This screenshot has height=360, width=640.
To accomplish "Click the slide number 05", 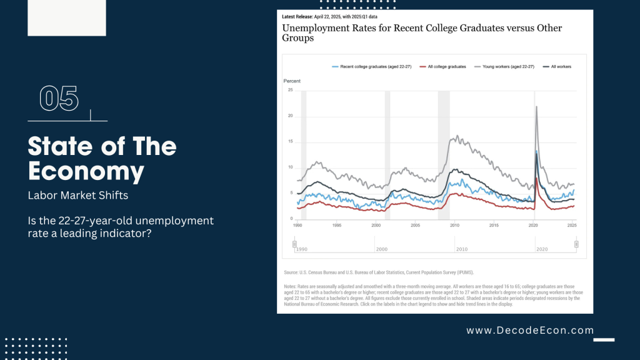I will pyautogui.click(x=59, y=99).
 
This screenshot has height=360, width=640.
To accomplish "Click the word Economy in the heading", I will pyautogui.click(x=86, y=171).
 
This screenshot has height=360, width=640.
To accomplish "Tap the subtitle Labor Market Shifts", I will pyautogui.click(x=78, y=195).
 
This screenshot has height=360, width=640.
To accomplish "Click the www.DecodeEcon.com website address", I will pyautogui.click(x=530, y=330).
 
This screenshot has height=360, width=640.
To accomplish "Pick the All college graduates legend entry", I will pyautogui.click(x=444, y=66).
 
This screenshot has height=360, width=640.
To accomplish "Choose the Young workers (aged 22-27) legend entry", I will pyautogui.click(x=506, y=66).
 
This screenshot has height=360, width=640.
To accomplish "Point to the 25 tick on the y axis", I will pyautogui.click(x=290, y=90).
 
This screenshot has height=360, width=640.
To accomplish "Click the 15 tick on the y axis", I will pyautogui.click(x=290, y=141).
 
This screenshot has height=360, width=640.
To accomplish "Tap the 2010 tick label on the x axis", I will pyautogui.click(x=454, y=224).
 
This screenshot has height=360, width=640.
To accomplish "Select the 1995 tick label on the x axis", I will pyautogui.click(x=336, y=224).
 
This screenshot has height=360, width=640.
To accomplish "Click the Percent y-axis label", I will pyautogui.click(x=292, y=81).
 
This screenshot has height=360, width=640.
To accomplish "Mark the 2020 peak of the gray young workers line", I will pyautogui.click(x=536, y=107).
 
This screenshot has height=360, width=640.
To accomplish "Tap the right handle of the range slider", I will pyautogui.click(x=576, y=244).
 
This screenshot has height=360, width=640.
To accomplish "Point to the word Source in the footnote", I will pyautogui.click(x=292, y=272).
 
